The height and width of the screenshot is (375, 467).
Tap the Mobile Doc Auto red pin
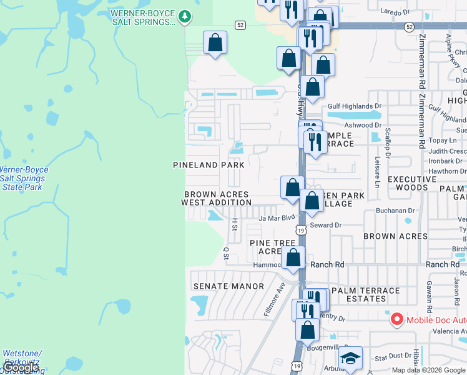[396, 319]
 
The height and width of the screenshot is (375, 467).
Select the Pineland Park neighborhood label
[209, 165]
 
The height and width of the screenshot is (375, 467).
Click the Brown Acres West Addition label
[216, 198]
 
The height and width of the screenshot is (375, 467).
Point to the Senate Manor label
[229, 286]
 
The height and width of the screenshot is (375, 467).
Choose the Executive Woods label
[413, 182]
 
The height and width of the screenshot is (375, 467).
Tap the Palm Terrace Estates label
[366, 294]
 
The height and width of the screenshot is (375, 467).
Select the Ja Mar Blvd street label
[276, 218]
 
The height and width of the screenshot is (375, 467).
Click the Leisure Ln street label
[377, 174]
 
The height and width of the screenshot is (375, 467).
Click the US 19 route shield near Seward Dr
[302, 231]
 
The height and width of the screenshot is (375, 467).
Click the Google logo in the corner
[21, 367]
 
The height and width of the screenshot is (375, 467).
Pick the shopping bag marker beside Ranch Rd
[293, 257]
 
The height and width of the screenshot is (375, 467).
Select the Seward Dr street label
[326, 225]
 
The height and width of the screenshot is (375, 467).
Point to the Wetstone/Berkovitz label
[22, 357]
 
